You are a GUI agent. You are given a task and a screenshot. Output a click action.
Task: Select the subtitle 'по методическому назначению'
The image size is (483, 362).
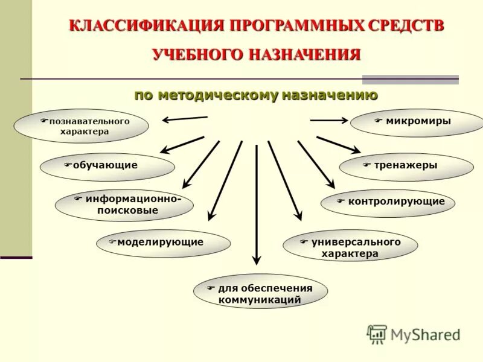(x=256, y=95)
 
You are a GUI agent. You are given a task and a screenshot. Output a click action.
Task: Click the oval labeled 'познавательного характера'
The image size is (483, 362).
(x=81, y=126)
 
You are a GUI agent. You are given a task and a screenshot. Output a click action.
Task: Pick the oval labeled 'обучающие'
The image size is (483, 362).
(x=107, y=167)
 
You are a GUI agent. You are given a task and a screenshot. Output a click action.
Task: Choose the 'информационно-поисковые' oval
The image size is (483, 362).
(x=124, y=205)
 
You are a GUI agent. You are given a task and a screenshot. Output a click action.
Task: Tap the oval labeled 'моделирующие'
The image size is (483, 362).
(x=163, y=244)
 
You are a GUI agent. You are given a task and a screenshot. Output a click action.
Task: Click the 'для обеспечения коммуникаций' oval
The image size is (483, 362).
(x=260, y=293)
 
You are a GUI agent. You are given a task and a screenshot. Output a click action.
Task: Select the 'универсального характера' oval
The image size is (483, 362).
(x=350, y=246)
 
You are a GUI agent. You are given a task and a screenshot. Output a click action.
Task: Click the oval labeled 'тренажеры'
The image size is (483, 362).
(x=406, y=167)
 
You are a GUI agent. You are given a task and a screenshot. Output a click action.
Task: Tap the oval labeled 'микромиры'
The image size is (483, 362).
(x=417, y=122)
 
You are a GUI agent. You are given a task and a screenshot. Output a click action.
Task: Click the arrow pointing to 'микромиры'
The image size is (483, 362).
(x=329, y=121)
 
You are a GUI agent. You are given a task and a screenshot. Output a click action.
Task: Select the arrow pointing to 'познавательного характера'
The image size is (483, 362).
(x=184, y=119)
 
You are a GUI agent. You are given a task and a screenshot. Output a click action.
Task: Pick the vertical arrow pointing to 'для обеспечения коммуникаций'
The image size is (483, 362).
(x=257, y=205)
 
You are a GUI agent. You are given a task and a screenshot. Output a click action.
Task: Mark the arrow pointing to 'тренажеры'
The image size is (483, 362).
(x=338, y=145)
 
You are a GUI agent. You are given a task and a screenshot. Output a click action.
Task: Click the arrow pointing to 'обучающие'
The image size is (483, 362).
(x=182, y=144)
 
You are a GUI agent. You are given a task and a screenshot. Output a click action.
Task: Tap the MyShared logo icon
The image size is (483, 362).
(x=377, y=334)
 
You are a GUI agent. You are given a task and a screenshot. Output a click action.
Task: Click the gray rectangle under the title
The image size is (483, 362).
(x=410, y=79)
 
